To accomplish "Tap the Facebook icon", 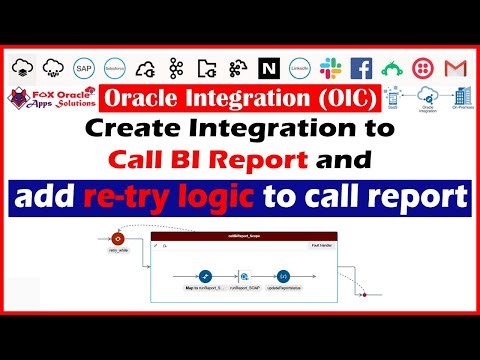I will [x=361, y=68].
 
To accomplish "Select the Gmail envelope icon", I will [x=456, y=68].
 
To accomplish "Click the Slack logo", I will [x=331, y=68].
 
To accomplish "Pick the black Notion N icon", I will [x=268, y=68].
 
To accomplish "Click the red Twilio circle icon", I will [x=424, y=68].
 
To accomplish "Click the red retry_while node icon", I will [x=120, y=240].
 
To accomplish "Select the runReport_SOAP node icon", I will [x=244, y=274].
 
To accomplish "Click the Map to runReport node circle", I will [x=204, y=274].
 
